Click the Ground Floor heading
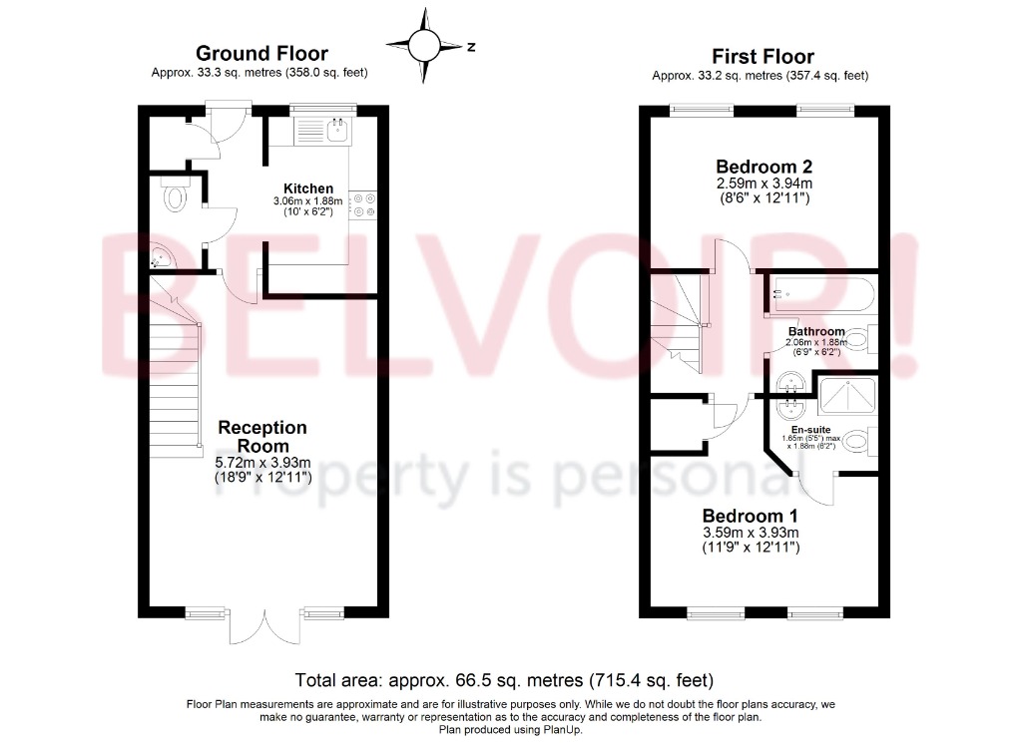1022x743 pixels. pyautogui.click(x=262, y=54)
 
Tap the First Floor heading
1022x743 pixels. pyautogui.click(x=763, y=57)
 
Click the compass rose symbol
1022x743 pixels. pyautogui.click(x=425, y=45)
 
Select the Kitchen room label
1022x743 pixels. pyautogui.click(x=308, y=188)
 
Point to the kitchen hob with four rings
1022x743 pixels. pyautogui.click(x=363, y=204)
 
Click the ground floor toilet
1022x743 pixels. pyautogui.click(x=174, y=194)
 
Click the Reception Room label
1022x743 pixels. pyautogui.click(x=262, y=436)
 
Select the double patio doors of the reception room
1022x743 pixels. pyautogui.click(x=265, y=625)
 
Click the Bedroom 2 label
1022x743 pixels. pyautogui.click(x=764, y=167)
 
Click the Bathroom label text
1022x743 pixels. pyautogui.click(x=816, y=331)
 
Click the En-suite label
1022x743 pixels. pyautogui.click(x=810, y=430)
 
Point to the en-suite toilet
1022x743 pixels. pyautogui.click(x=860, y=442)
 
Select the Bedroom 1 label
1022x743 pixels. pyautogui.click(x=750, y=516)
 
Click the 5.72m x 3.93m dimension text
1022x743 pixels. pyautogui.click(x=263, y=463)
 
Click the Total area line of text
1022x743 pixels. pyautogui.click(x=504, y=680)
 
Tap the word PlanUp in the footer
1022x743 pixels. pyautogui.click(x=562, y=730)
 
